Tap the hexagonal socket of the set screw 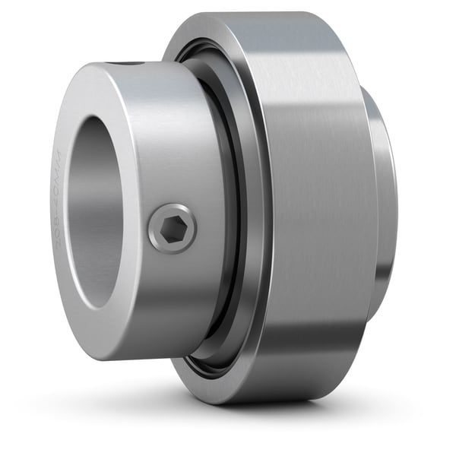(173, 229)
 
